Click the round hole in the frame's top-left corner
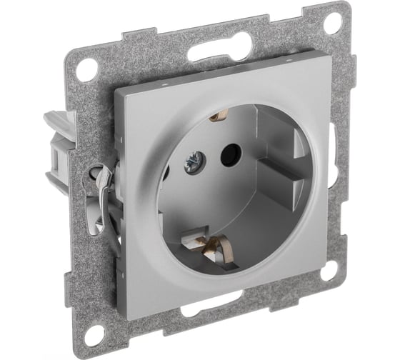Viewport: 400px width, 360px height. point(87,69)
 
